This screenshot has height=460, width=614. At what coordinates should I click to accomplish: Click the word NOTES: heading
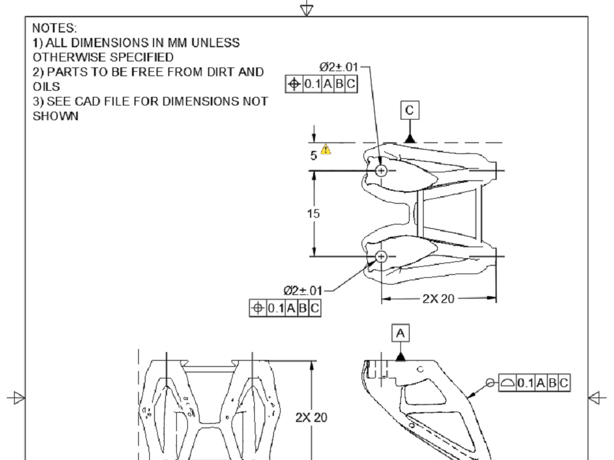pyautogui.click(x=54, y=28)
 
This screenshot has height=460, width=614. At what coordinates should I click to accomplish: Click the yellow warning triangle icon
pyautogui.click(x=326, y=149)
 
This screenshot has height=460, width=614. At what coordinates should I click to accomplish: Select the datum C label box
pyautogui.click(x=410, y=110)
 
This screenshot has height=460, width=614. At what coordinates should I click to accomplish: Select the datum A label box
pyautogui.click(x=400, y=333)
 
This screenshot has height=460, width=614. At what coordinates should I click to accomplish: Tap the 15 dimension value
pyautogui.click(x=314, y=213)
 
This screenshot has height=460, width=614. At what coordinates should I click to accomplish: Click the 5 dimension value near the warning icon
pyautogui.click(x=313, y=156)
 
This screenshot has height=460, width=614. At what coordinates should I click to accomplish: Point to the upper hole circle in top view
pyautogui.click(x=381, y=171)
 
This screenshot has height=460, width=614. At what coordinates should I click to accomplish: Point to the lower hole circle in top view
pyautogui.click(x=381, y=256)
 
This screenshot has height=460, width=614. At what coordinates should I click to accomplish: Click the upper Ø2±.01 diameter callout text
pyautogui.click(x=338, y=66)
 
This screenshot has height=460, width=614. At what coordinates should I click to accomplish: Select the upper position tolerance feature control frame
pyautogui.click(x=321, y=85)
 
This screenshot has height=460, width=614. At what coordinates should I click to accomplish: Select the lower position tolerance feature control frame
pyautogui.click(x=285, y=309)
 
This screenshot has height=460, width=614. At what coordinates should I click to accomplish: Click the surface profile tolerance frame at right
pyautogui.click(x=534, y=383)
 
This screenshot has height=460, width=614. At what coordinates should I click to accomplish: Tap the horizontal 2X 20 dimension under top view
pyautogui.click(x=438, y=299)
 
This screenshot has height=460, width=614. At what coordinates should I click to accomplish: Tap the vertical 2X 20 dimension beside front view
pyautogui.click(x=311, y=418)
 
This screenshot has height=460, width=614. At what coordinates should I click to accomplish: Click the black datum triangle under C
pyautogui.click(x=410, y=138)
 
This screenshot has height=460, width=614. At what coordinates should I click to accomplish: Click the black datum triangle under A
pyautogui.click(x=400, y=356)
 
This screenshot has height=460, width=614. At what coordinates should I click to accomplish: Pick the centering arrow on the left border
pyautogui.click(x=17, y=398)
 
